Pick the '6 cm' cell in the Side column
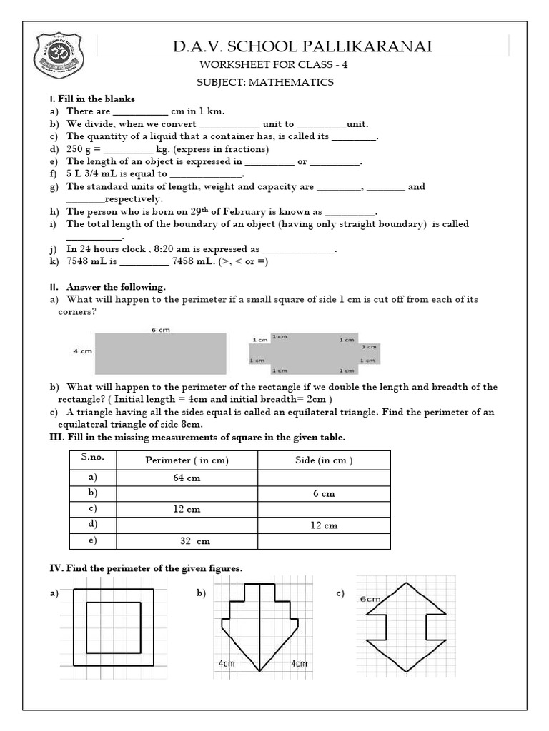pos(324,493)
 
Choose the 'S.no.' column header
pos(88,459)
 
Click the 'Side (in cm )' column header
pos(324,460)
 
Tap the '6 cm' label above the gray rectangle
pos(159,330)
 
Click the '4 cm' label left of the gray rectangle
pos(81,351)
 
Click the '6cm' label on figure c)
pos(370,599)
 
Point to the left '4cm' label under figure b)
pos(227,664)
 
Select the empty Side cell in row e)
pos(324,541)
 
